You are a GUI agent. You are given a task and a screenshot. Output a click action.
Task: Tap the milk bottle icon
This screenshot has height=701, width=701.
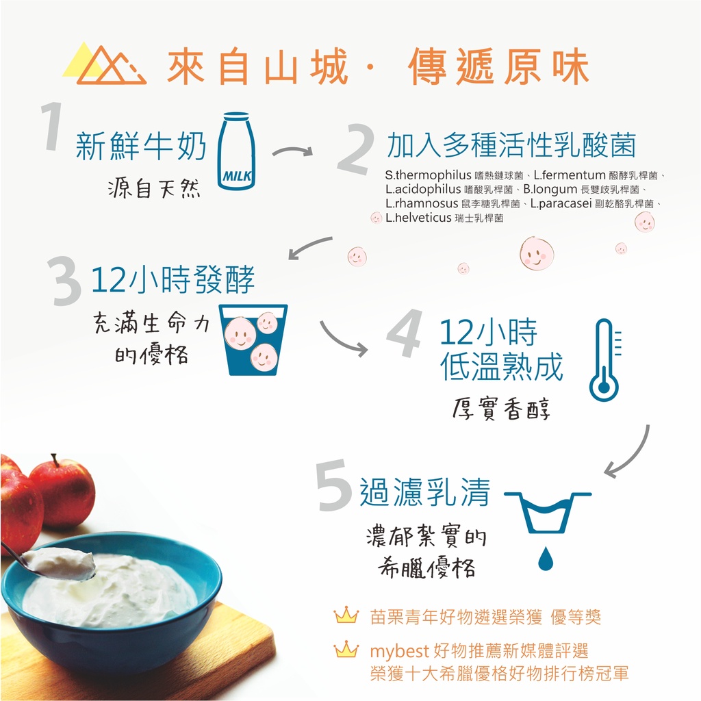click(236, 151)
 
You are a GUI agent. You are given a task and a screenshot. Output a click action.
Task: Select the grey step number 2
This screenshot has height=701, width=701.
click(356, 148)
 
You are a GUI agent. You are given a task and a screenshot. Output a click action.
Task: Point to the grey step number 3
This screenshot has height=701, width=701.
click(66, 281)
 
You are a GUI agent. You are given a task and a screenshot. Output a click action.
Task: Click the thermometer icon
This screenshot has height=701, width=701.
click(605, 360)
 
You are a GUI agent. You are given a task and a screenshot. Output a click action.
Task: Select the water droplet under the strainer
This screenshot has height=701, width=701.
click(546, 558)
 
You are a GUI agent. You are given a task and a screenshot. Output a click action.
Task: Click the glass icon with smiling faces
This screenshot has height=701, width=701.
click(253, 340)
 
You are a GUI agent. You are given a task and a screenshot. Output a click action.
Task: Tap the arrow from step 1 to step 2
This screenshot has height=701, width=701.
click(292, 151)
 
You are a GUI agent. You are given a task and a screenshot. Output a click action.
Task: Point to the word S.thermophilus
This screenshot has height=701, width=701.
click(429, 175)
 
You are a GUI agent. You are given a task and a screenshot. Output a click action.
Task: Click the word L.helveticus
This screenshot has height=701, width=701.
click(418, 218)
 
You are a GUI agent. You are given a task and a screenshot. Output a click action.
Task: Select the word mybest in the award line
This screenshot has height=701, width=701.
click(400, 652)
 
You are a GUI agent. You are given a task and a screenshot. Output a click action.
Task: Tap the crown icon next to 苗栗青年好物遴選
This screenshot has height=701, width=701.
click(346, 615)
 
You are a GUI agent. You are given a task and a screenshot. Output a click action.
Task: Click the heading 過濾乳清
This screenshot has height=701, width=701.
click(425, 492)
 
